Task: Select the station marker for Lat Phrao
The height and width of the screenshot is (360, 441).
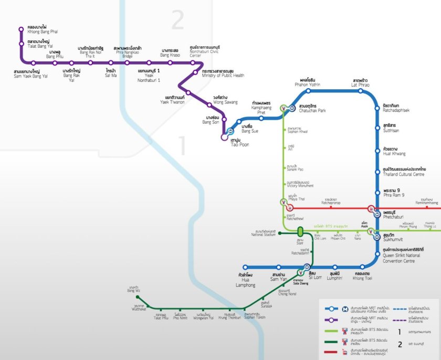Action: click(x=361, y=91)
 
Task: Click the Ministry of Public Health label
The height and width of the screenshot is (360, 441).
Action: click(x=223, y=73)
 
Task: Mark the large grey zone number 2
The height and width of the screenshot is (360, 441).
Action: click(x=178, y=21)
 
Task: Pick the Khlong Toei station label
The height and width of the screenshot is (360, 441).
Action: click(x=363, y=276)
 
